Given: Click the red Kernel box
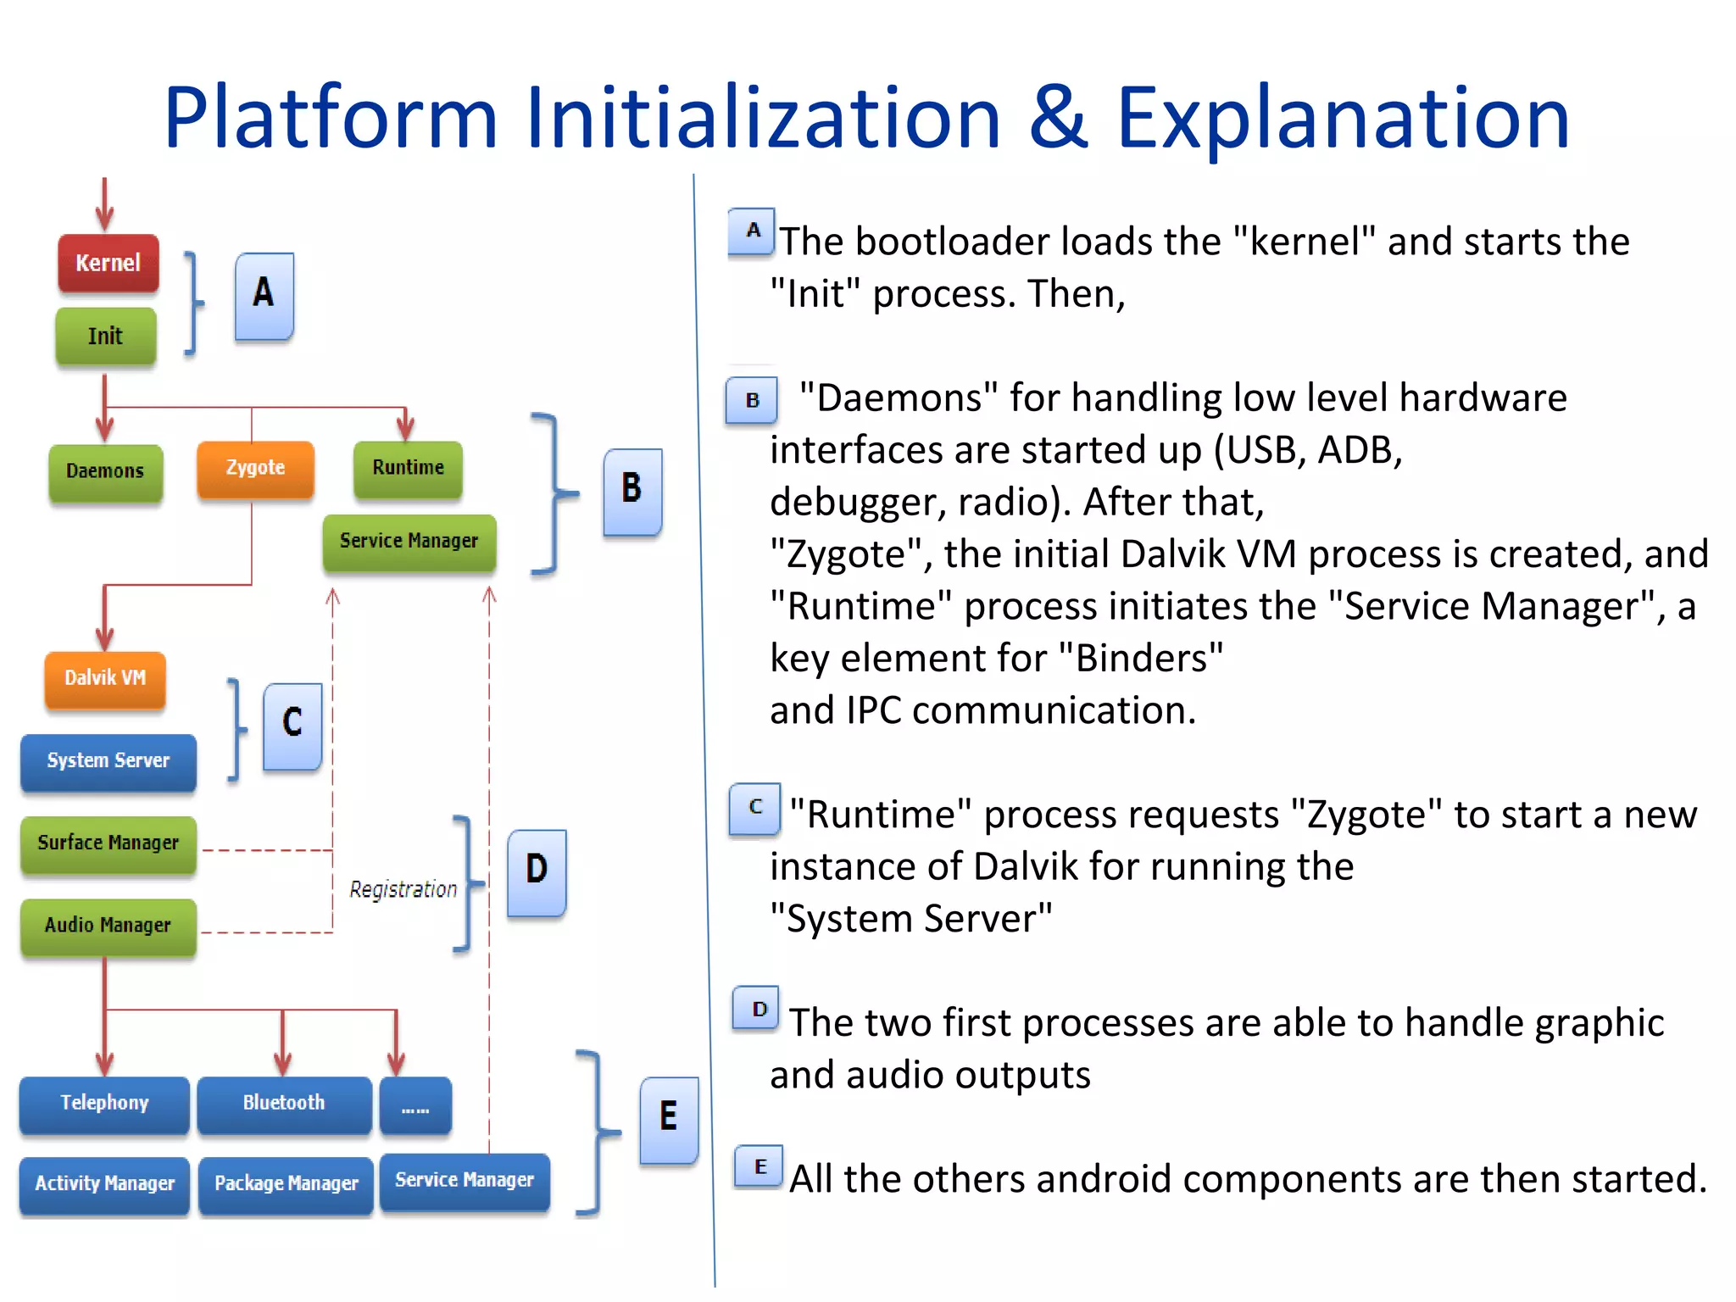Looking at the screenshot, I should pos(108,264).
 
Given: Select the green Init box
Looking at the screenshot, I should pos(106,337).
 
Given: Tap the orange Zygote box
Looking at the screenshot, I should pos(255,469).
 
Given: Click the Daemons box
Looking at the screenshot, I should pos(105,471).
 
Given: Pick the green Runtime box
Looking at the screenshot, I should pos(408,469).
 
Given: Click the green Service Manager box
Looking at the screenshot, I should pos(409,542).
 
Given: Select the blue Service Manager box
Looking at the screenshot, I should pos(465,1181).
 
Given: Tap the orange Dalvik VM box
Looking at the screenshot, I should pos(105,679).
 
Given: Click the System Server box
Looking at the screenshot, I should pos(108,761).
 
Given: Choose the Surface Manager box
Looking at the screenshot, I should pos(108,843).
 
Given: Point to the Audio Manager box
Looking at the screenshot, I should pos(108,926).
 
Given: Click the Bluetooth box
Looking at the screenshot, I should pos(284,1104).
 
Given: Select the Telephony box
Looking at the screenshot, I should pos(104,1104).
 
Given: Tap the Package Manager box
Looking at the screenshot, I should pos(286,1184).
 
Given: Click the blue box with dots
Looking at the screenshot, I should pos(415,1105).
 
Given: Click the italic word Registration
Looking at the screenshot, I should pos(403,889).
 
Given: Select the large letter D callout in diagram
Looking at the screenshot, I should pos(537,871).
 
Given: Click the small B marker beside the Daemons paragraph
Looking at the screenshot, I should pos(752,400).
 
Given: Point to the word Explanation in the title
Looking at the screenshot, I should pos(1343,119).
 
